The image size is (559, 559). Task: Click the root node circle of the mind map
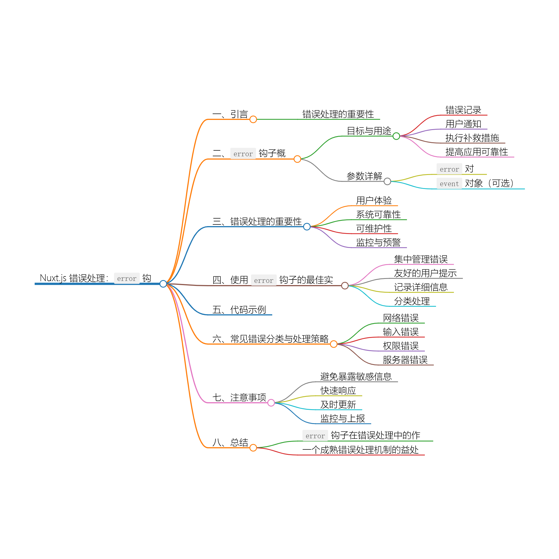point(163,284)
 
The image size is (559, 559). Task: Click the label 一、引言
point(230,114)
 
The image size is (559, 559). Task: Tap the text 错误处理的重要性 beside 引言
point(338,114)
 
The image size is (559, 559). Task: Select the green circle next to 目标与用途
point(396,136)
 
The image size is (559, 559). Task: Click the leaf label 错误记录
point(463,110)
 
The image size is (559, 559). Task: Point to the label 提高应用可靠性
point(477,152)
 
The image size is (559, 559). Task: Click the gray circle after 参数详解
point(387,181)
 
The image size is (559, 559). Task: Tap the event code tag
point(449,184)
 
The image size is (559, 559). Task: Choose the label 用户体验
point(373,200)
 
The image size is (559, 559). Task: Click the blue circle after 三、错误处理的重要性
point(307,227)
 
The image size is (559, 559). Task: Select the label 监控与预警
point(378,242)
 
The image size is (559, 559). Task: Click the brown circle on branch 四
point(345,286)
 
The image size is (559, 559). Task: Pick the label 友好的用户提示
point(425,273)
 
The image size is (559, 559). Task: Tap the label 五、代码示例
point(239,310)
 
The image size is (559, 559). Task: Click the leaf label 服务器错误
point(405,360)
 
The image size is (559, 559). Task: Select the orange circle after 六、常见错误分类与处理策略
point(334,344)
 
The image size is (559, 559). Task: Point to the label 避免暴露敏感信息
point(356,377)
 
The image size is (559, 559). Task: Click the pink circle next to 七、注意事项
point(271,403)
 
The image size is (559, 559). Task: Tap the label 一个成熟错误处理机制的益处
point(360,450)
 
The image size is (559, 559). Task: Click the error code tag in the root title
point(127,279)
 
